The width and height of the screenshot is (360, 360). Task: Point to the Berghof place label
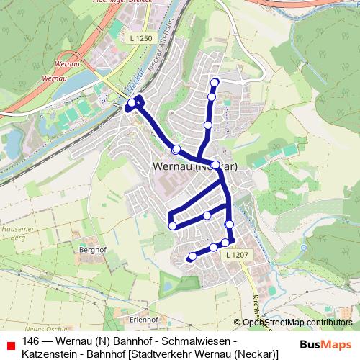click(x=94, y=251)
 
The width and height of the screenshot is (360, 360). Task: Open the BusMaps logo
click(x=325, y=344)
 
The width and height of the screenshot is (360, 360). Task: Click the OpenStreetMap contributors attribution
click(x=296, y=322)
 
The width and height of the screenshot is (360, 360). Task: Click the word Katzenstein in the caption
click(x=48, y=354)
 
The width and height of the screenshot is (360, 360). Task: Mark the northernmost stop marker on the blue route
click(x=214, y=81)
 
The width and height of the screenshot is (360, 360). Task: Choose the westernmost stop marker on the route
click(x=130, y=107)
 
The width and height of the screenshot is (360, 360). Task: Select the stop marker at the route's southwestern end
click(x=192, y=256)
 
